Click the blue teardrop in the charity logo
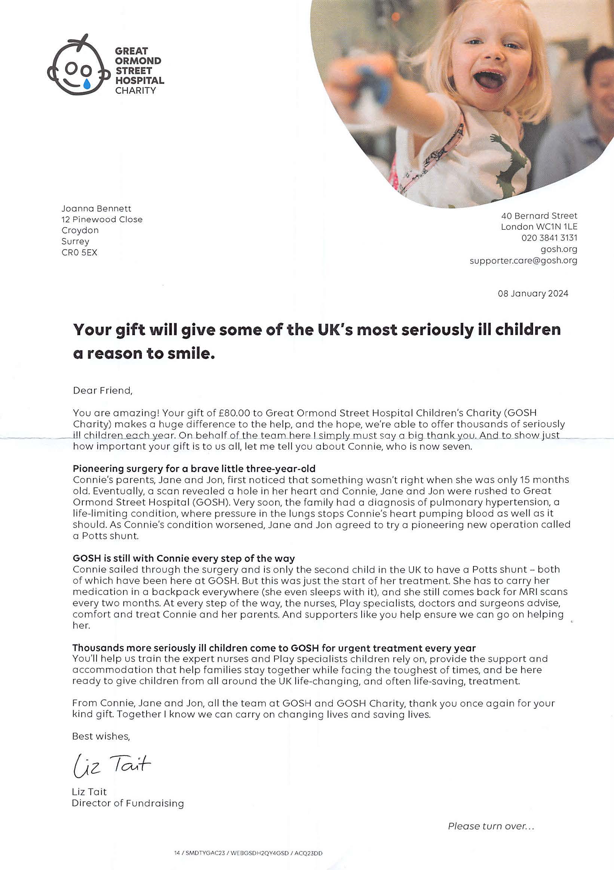[x=87, y=83]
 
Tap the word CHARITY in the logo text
[x=135, y=91]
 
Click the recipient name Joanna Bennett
[x=96, y=208]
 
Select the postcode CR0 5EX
[x=80, y=252]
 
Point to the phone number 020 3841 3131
[x=549, y=238]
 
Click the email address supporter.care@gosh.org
[x=523, y=261]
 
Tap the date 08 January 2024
[x=532, y=294]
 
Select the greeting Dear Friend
[x=102, y=391]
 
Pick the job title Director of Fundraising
[x=128, y=803]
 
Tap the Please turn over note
[x=491, y=826]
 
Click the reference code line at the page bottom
[x=248, y=853]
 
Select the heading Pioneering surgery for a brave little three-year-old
[x=194, y=469]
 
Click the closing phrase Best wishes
[x=101, y=736]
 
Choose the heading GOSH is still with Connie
[x=184, y=559]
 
